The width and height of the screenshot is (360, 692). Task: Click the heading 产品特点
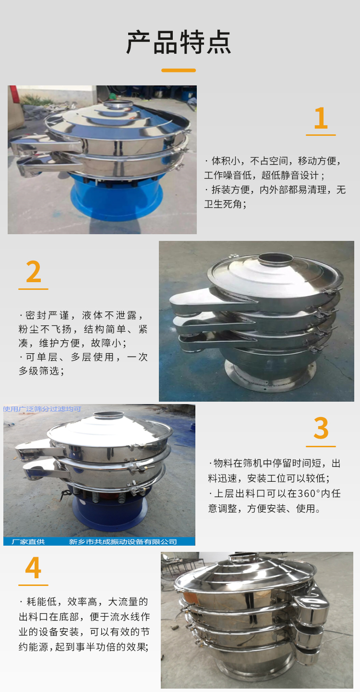click(179, 42)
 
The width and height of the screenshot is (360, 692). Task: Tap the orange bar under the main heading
click(179, 71)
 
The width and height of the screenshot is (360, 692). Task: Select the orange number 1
click(321, 118)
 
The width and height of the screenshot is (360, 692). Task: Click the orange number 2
click(34, 272)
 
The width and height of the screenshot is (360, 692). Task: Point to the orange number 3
click(321, 428)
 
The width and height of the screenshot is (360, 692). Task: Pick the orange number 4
click(34, 568)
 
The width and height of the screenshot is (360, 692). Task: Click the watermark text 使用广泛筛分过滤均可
click(42, 409)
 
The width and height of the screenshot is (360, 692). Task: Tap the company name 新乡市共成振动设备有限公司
click(123, 541)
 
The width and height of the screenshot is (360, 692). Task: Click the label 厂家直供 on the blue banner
click(28, 541)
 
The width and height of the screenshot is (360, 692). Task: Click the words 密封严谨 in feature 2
click(47, 315)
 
